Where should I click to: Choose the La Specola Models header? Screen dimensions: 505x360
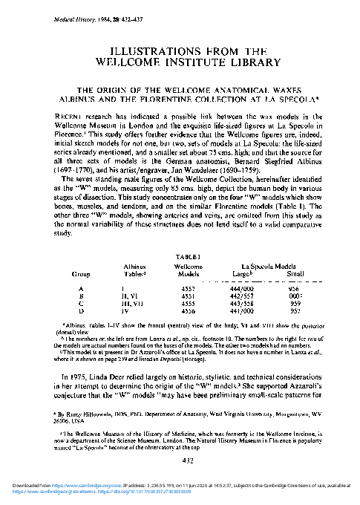262,264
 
